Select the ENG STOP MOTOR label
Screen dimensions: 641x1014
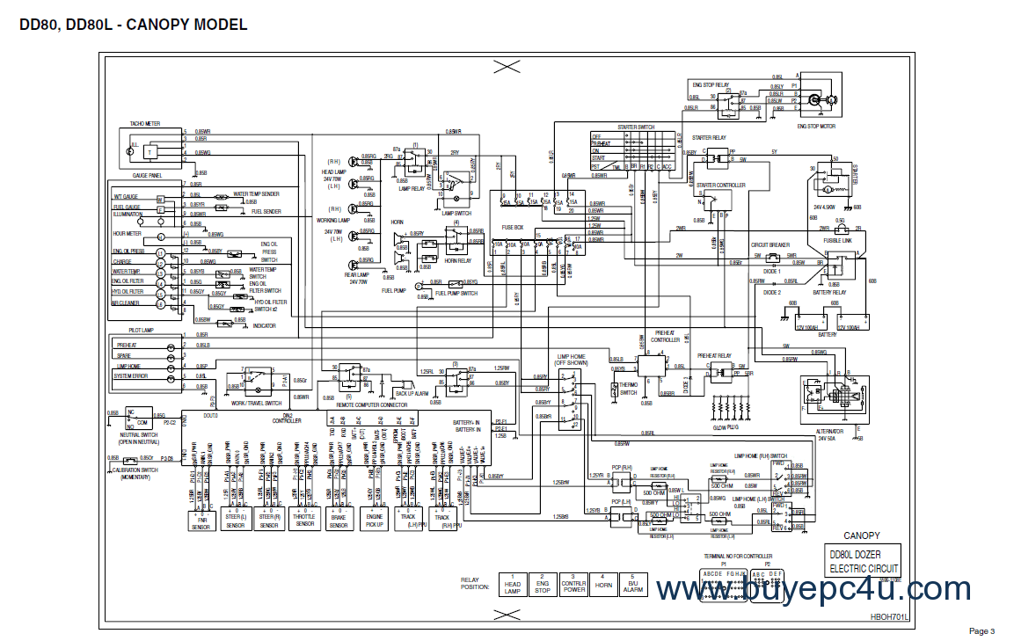pos(816,126)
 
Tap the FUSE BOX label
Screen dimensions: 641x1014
pos(513,227)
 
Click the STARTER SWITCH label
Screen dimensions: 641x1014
pos(636,127)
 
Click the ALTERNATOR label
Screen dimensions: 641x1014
pos(828,431)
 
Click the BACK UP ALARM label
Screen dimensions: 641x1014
pos(412,393)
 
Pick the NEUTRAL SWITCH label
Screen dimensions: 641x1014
pos(138,433)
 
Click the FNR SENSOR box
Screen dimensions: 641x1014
pos(202,520)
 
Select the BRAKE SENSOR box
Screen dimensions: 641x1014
pos(339,520)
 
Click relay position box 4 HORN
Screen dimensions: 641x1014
pos(602,586)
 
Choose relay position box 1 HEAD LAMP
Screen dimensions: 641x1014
pos(513,586)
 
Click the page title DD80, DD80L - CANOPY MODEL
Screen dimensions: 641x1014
pos(133,25)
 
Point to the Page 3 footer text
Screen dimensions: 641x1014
pos(981,630)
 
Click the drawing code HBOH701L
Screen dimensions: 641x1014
pos(887,617)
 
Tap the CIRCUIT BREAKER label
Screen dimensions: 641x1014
pos(769,245)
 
